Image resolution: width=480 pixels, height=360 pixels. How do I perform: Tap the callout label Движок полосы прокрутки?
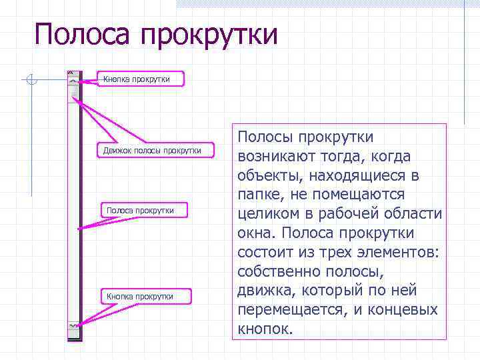tap(152, 150)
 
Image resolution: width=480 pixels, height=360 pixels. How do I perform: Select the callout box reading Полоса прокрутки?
tap(141, 210)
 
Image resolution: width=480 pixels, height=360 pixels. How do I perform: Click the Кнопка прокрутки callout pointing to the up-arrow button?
tap(137, 79)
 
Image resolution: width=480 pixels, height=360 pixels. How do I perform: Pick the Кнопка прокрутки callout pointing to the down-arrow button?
tap(140, 296)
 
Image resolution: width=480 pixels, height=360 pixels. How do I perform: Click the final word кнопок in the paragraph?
tap(263, 329)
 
